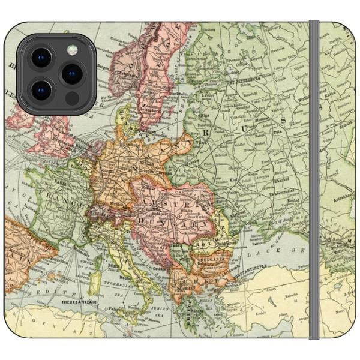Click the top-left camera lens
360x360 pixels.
[42, 58]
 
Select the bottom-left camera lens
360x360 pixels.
[42, 90]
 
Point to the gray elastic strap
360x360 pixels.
[314, 180]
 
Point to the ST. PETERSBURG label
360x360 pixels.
[246, 78]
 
